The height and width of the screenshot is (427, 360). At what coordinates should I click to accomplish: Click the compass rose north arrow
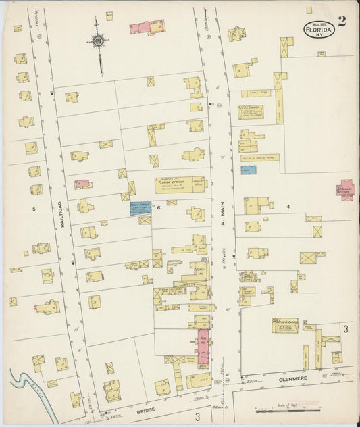tap(99, 42)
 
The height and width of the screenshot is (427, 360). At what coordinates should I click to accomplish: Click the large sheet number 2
tap(342, 21)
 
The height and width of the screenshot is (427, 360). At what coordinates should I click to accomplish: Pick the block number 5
tap(33, 209)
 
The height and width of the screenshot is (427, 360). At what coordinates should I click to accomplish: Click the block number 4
tap(288, 206)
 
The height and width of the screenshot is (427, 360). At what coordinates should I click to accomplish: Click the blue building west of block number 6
tap(140, 207)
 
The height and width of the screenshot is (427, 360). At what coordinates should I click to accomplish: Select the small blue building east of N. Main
tap(249, 170)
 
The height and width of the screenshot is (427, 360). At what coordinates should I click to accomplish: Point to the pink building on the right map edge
tap(345, 189)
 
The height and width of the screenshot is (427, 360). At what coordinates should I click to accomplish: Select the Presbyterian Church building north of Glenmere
tap(285, 326)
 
